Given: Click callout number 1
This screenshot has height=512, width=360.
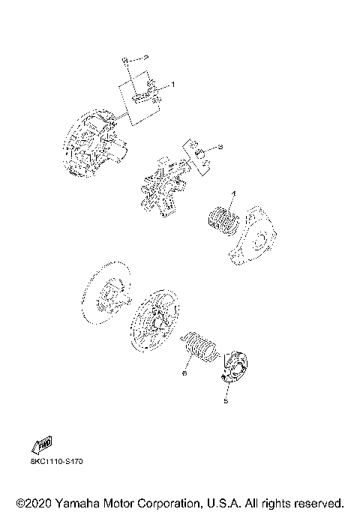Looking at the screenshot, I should pos(173,85).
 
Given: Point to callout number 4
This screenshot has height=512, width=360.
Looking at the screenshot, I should pos(233,195).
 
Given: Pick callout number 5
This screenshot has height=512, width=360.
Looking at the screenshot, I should pos(224,401).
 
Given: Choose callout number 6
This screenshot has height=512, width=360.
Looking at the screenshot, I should pos(182,370).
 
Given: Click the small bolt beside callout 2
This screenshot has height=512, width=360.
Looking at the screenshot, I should pos(127,58).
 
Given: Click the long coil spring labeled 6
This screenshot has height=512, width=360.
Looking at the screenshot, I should pos(199,347).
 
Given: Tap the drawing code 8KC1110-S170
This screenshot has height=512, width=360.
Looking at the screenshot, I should pos(55,462).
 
